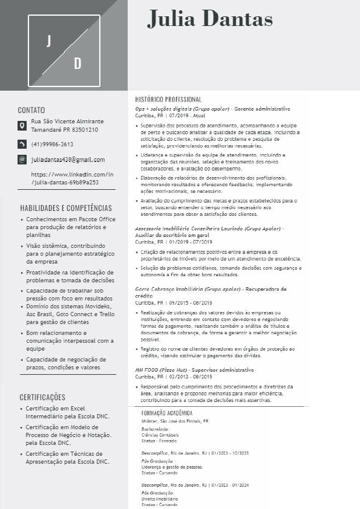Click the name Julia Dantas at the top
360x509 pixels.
210,19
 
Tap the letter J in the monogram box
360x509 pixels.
49,41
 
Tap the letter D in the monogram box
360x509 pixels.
77,63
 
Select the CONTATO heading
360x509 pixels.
31,110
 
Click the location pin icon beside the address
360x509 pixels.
22,126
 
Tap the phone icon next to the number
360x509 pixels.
22,144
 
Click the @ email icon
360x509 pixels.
22,160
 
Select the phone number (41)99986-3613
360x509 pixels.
52,144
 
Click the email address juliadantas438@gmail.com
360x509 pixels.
68,160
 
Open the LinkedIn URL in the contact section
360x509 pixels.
72,178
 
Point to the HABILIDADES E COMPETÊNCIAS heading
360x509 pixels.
66,208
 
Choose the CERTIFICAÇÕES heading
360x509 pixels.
42,397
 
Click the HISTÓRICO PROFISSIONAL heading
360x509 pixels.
168,99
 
